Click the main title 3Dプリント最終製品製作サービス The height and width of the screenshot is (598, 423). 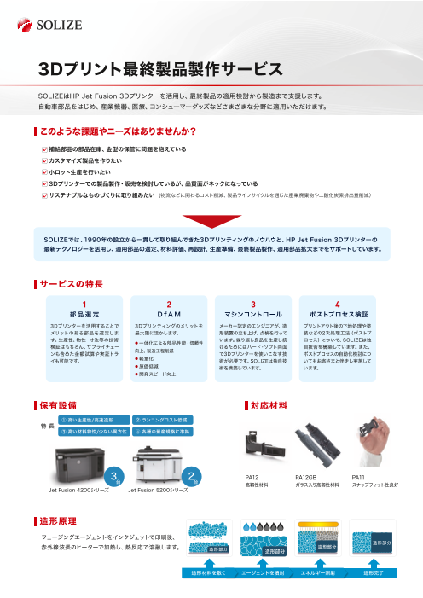pos(160,68)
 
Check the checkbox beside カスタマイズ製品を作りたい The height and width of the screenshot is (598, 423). pos(45,160)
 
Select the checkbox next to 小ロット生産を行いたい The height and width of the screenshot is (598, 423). pos(45,171)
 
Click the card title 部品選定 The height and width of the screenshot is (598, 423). pos(84,314)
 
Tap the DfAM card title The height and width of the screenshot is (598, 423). pos(169,314)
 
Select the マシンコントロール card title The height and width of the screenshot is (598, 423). pos(253,314)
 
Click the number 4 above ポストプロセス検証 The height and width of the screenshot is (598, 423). pos(338,304)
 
